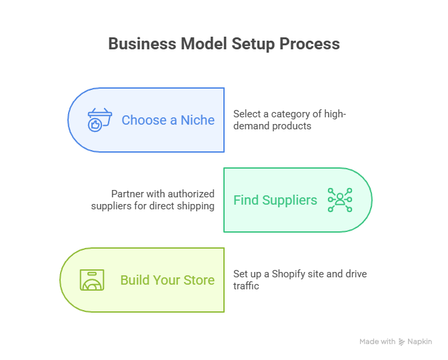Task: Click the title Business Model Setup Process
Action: point(224,44)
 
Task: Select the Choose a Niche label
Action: point(168,120)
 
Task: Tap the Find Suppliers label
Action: point(275,200)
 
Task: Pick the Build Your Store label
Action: point(167,280)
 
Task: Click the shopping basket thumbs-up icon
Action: point(100,121)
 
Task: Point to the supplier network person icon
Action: point(339,200)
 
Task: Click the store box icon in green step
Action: point(93,280)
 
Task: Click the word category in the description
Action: point(288,114)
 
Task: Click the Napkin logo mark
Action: point(401,341)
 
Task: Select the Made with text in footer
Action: point(377,341)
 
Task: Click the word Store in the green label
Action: point(198,280)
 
